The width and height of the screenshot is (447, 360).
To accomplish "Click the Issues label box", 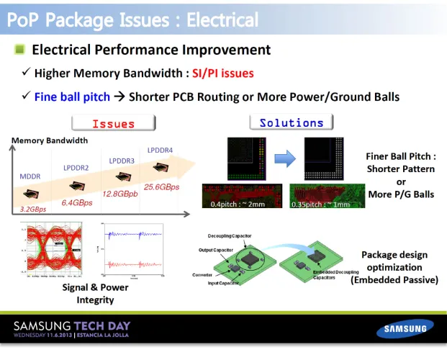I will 114,124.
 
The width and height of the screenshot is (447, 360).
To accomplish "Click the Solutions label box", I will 292,123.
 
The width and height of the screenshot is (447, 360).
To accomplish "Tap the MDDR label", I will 30,175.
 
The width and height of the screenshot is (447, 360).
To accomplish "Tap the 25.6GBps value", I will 162,186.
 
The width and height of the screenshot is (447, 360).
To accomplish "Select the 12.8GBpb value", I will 121,194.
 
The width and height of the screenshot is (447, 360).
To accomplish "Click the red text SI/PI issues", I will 222,73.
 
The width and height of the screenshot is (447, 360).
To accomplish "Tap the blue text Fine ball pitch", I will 73,96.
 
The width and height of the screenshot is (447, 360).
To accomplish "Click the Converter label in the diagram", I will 203,275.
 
